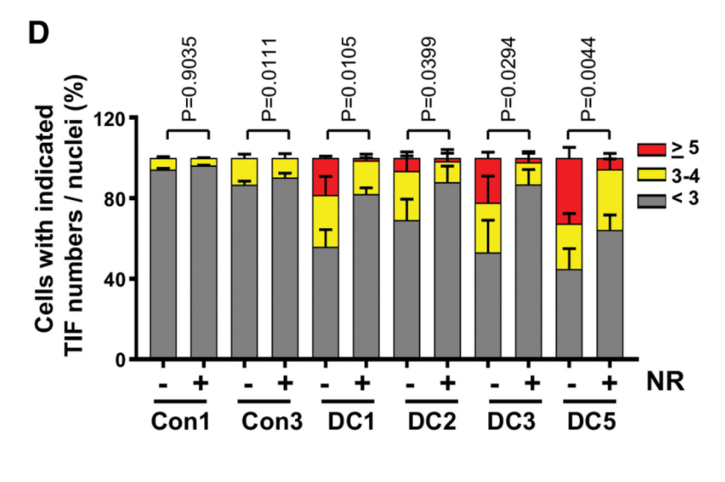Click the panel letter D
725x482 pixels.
[x=37, y=32]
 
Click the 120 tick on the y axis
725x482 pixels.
[x=113, y=118]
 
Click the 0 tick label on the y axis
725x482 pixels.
[x=123, y=360]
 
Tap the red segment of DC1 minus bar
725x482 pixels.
[x=326, y=177]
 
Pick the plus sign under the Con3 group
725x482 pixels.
[x=282, y=384]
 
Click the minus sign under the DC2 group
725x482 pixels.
[x=409, y=384]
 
